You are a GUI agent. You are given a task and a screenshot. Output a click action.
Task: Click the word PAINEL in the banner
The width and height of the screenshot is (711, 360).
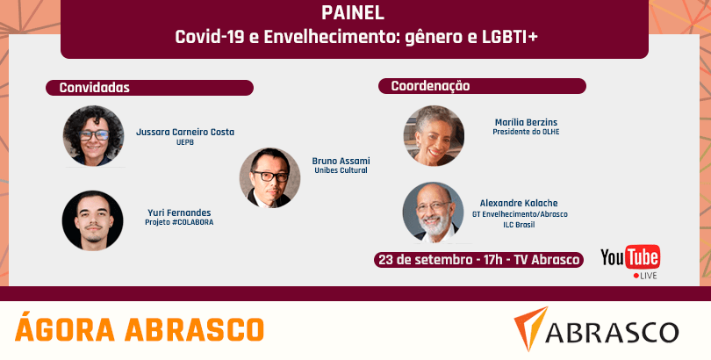point(353,13)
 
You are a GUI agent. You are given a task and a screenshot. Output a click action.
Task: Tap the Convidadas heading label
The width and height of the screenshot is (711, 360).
point(94,88)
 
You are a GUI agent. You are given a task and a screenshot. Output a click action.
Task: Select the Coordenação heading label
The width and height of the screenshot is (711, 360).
point(430,86)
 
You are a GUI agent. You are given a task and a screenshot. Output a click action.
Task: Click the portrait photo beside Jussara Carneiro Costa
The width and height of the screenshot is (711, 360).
point(93,135)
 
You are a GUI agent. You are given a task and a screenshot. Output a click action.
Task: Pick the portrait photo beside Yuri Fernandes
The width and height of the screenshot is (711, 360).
point(92,220)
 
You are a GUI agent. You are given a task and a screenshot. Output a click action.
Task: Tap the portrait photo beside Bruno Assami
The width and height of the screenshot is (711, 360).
point(269,177)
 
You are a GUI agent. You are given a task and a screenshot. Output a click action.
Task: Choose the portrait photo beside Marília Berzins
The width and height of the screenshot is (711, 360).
point(434,135)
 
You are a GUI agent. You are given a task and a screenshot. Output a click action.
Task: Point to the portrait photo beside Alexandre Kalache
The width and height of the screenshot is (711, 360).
point(433,212)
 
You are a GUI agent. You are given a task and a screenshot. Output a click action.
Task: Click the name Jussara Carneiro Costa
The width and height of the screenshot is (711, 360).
point(185,132)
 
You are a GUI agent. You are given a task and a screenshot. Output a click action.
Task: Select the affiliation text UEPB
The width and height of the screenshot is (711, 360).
point(185,142)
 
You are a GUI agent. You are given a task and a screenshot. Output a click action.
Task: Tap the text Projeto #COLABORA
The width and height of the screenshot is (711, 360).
point(179,223)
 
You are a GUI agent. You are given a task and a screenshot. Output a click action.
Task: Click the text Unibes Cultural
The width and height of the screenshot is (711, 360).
point(341,170)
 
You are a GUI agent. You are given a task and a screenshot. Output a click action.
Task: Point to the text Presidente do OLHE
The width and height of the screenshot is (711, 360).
point(526,132)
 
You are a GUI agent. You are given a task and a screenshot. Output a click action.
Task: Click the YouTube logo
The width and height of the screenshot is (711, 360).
point(630,257)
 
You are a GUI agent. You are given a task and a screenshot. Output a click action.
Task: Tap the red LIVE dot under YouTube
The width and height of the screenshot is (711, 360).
point(636,276)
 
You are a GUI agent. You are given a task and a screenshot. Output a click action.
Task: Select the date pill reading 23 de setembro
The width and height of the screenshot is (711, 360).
point(479,260)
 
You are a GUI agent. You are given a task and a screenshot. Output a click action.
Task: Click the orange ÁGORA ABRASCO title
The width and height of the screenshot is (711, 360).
point(140,329)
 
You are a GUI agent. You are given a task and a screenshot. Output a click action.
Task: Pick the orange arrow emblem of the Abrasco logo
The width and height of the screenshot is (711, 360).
point(530,328)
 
